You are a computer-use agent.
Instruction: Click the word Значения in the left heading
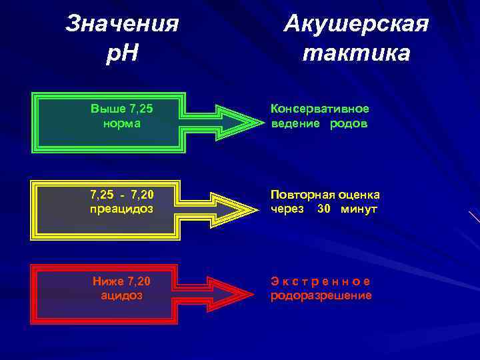click(x=123, y=24)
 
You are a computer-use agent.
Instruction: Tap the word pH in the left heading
click(x=123, y=53)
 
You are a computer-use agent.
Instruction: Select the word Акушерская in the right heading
click(x=356, y=24)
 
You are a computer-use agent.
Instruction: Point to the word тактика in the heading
click(x=356, y=53)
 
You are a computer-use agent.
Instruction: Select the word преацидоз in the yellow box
click(x=121, y=209)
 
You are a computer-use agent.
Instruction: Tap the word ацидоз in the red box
click(x=121, y=295)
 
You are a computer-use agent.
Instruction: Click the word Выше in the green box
click(x=104, y=108)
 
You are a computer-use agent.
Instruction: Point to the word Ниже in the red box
click(x=107, y=281)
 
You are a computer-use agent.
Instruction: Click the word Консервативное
click(x=319, y=109)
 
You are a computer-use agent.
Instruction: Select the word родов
click(x=348, y=123)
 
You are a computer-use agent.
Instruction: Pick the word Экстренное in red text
click(x=320, y=281)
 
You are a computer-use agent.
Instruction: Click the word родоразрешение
click(x=321, y=295)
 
